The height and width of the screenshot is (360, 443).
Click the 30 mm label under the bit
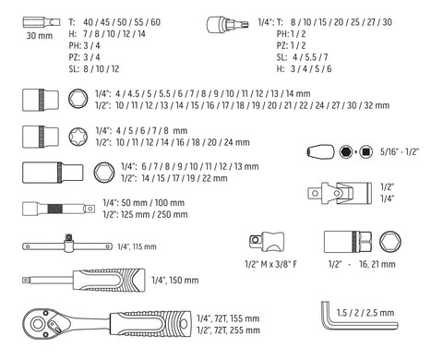[40, 36]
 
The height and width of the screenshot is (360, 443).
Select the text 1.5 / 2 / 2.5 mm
[365, 313]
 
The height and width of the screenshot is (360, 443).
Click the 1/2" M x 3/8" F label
[270, 264]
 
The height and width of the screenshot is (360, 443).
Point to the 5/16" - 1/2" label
[400, 151]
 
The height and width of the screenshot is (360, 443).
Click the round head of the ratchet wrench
[38, 324]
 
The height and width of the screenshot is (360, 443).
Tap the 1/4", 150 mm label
[175, 280]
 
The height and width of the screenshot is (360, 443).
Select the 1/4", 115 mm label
[137, 246]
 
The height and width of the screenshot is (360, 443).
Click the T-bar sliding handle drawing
[67, 246]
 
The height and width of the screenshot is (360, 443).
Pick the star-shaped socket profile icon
[78, 137]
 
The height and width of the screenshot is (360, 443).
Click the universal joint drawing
[340, 193]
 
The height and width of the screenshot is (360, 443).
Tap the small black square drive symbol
[366, 151]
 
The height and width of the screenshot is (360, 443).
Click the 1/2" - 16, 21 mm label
[362, 264]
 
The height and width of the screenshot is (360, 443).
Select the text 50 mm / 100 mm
[153, 203]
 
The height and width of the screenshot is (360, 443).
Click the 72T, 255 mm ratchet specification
[237, 330]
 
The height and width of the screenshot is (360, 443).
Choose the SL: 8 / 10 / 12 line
[94, 68]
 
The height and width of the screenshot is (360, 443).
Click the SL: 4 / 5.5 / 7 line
[302, 57]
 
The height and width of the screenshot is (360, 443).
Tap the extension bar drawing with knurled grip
[58, 209]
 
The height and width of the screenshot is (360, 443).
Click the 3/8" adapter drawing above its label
[267, 242]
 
